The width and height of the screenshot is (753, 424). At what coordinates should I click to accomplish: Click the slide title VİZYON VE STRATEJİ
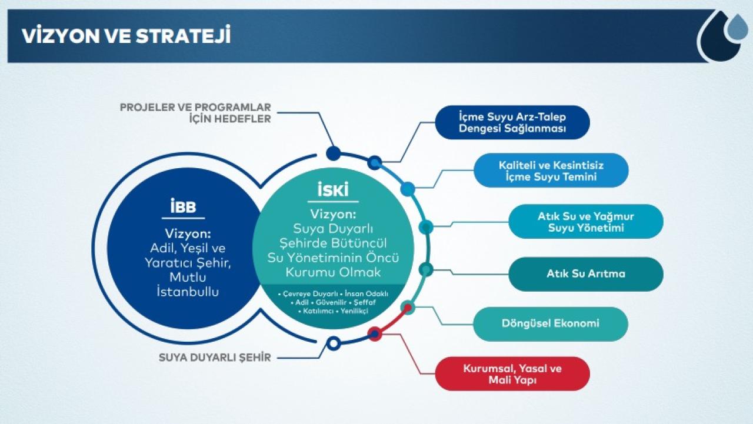click(126, 35)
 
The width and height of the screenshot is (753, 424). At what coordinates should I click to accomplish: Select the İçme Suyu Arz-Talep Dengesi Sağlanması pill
click(512, 122)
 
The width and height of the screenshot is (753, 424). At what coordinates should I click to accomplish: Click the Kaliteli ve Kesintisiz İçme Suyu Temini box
click(551, 171)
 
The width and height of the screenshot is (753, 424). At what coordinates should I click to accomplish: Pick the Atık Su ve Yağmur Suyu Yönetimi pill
click(585, 221)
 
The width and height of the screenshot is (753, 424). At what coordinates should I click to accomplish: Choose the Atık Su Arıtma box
click(585, 274)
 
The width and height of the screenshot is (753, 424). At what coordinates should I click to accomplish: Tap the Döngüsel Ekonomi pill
click(550, 323)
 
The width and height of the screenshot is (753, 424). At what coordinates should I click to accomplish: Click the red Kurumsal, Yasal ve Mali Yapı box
click(512, 373)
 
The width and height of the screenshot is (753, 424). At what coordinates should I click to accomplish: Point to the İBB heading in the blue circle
click(183, 206)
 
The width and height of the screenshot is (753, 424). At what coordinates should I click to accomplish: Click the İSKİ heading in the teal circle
click(333, 189)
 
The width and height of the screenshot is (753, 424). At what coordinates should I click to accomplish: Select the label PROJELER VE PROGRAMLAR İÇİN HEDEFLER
click(195, 113)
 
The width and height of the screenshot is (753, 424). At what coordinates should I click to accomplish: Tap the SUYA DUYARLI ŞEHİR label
click(215, 357)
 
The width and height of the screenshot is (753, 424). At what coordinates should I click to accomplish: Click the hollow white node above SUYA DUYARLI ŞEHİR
click(334, 343)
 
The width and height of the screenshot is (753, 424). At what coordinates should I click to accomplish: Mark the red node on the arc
click(375, 333)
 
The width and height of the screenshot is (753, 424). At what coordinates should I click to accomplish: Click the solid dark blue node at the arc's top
click(334, 153)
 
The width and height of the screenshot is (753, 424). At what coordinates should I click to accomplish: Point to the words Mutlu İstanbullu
click(188, 284)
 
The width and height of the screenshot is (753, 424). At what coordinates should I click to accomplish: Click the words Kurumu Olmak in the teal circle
click(333, 272)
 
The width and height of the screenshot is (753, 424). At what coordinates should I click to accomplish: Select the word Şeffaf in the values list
click(364, 302)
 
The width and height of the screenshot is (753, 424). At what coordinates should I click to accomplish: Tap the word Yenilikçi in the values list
click(354, 311)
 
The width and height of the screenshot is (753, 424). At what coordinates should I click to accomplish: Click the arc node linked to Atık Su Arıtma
click(426, 269)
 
